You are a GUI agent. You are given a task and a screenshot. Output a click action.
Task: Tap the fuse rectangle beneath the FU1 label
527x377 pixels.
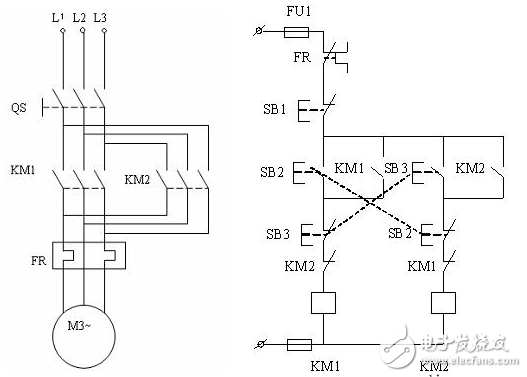(x=296, y=33)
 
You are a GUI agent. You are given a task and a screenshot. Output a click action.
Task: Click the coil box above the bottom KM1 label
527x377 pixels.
(x=322, y=301)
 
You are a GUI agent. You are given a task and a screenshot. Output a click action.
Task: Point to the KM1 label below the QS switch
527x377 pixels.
(x=22, y=171)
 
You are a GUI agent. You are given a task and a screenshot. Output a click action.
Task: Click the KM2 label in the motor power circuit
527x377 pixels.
(x=137, y=180)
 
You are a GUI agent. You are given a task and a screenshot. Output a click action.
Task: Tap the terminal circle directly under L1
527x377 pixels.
(x=62, y=33)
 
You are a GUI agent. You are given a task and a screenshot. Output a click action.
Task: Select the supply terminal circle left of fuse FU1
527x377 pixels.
(x=261, y=33)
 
